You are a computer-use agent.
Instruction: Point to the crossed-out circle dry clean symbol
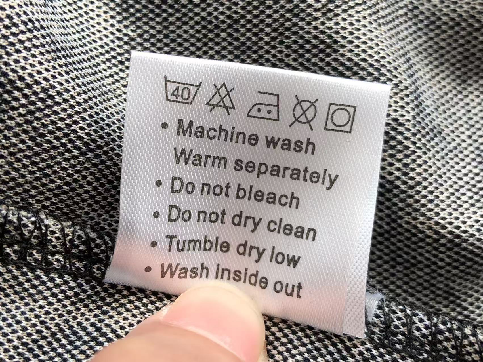(x=304, y=111)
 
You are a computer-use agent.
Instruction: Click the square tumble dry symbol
(x=340, y=118)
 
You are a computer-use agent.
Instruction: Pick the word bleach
(x=267, y=197)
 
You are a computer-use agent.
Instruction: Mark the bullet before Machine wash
(x=164, y=125)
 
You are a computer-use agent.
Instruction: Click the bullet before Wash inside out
(x=148, y=269)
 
